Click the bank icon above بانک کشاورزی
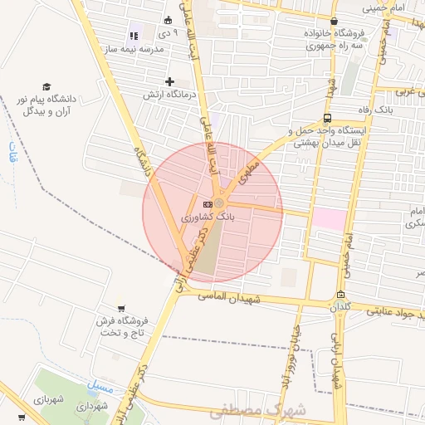pos(207,204)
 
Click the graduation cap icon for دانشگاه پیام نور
pos(46,87)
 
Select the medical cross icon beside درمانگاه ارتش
pos(170,81)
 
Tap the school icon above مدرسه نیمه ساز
pos(133,37)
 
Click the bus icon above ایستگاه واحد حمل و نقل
pos(328,118)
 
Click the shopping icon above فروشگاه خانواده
pos(334,22)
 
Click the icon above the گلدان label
pos(340,295)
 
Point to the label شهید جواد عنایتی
pos(390,313)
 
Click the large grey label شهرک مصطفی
pos(257,409)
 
